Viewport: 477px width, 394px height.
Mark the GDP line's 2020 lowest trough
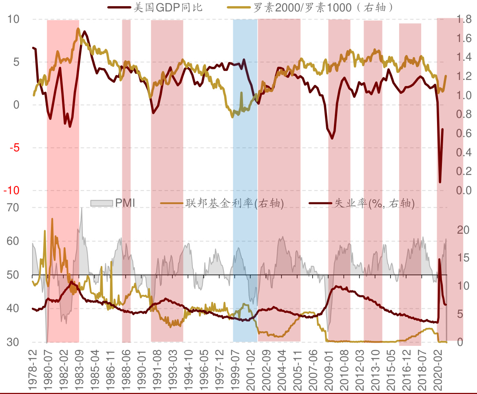440,182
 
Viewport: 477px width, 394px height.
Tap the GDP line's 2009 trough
332,138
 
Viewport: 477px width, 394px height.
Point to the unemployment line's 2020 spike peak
439,259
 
